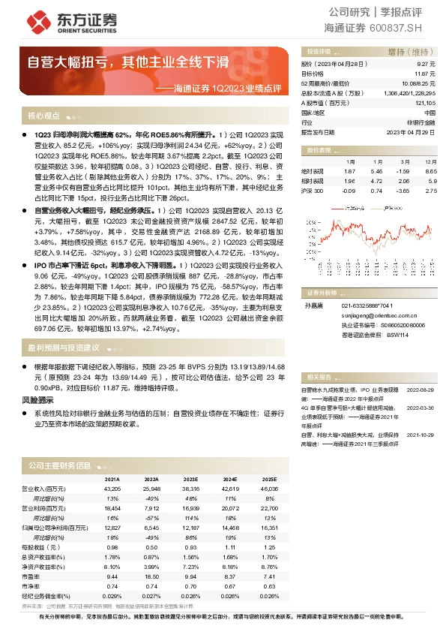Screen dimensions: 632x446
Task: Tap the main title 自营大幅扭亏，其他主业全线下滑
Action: click(128, 62)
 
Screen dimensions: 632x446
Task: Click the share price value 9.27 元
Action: click(426, 65)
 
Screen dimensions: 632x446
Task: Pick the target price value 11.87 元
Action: click(425, 74)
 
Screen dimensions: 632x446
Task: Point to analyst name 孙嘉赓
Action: click(313, 306)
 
